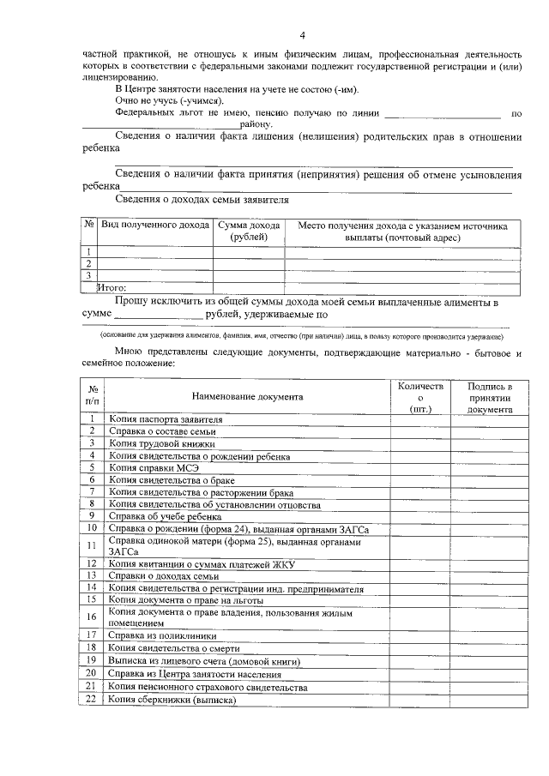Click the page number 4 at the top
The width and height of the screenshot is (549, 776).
[302, 35]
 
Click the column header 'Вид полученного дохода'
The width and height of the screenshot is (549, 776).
[155, 226]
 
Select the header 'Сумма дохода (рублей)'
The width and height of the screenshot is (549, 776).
[250, 232]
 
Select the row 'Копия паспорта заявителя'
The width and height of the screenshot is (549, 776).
[165, 419]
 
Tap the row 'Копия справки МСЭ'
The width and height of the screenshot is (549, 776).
[154, 467]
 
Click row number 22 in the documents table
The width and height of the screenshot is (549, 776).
[91, 699]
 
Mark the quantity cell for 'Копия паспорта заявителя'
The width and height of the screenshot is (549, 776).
[420, 419]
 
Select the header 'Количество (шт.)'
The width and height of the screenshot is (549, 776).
[420, 398]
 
